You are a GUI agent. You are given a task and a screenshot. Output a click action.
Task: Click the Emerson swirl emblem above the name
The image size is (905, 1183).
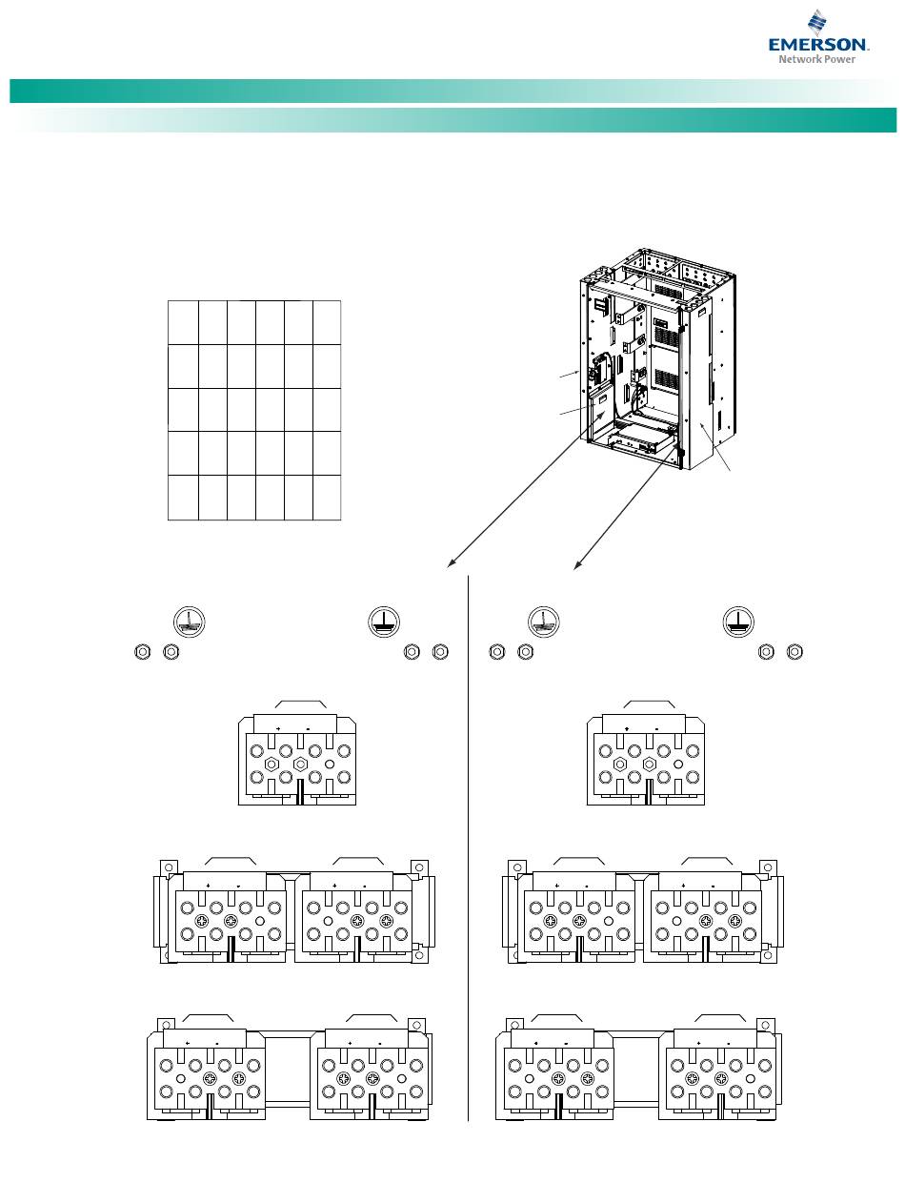817,23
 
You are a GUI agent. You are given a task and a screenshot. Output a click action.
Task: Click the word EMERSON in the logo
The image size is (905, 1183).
819,45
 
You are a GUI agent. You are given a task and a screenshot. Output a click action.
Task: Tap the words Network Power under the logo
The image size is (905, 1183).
818,59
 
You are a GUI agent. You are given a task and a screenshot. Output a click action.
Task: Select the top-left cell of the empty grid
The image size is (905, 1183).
183,323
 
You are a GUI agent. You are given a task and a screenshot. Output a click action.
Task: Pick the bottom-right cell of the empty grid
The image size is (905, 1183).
327,498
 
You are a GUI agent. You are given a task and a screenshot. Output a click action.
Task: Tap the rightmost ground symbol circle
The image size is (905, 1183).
738,620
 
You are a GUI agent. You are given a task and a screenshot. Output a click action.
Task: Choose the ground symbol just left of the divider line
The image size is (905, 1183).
383,622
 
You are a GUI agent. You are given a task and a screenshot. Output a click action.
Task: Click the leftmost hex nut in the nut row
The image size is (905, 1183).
141,652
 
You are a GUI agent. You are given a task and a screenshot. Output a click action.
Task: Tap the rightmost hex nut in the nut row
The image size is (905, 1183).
797,652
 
